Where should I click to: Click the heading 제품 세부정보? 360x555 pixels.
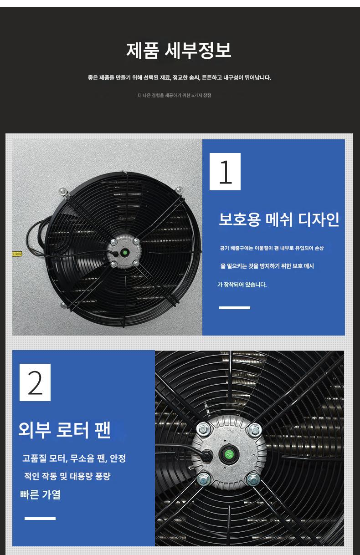[x=179, y=51]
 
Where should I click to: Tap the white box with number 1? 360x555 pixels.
[x=225, y=172]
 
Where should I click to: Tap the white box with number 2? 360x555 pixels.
[x=35, y=382]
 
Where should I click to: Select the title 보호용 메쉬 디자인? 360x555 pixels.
[x=279, y=219]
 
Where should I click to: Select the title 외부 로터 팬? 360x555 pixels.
[x=64, y=429]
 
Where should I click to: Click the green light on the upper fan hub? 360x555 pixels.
[x=125, y=253]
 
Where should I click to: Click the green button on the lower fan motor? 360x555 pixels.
[x=229, y=455]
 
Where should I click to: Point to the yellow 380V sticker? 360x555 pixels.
[x=17, y=254]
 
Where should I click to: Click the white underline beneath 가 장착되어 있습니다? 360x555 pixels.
[x=235, y=308]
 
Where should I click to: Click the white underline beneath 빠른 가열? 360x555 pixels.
[x=40, y=519]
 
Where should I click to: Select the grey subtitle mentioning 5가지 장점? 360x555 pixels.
[x=174, y=96]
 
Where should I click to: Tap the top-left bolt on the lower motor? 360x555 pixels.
[x=203, y=429]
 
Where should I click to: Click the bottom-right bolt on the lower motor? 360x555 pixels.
[x=253, y=480]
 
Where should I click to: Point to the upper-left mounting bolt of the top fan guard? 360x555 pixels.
[x=63, y=191]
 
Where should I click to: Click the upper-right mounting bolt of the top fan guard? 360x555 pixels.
[x=179, y=190]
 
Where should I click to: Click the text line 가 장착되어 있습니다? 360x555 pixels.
[x=242, y=285]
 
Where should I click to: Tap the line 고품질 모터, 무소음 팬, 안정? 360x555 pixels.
[x=74, y=458]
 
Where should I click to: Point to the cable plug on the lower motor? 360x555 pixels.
[x=207, y=455]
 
